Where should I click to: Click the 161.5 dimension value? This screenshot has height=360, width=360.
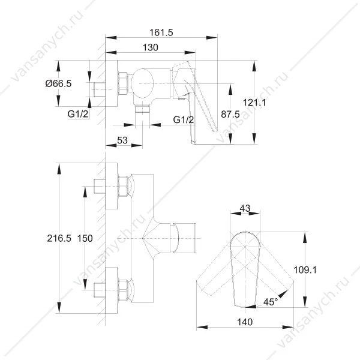pos(161,32)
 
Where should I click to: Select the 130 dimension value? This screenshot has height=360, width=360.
pos(151,47)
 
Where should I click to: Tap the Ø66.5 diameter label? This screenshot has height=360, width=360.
pos(58,83)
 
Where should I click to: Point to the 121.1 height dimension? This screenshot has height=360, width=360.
pos(254,103)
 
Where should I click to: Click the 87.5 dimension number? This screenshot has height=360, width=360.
pos(230,114)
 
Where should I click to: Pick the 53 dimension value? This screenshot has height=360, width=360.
pos(122,140)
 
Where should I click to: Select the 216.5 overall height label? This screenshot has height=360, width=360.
pos(59,238)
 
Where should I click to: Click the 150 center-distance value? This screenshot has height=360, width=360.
pos(85,238)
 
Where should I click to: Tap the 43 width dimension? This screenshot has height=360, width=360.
pos(245,208)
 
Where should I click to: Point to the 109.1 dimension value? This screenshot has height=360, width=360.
pos(305,270)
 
